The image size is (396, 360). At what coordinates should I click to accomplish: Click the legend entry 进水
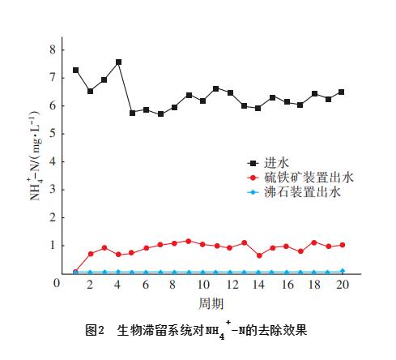[272, 162]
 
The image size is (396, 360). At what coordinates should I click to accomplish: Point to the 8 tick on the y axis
[53, 49]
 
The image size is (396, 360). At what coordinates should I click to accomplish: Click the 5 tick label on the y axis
[53, 134]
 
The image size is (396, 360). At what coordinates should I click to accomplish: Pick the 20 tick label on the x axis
[341, 285]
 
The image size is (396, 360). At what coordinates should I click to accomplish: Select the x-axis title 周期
[210, 302]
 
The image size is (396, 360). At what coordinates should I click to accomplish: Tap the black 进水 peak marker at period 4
[118, 62]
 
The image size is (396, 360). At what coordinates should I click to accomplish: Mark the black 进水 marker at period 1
[76, 70]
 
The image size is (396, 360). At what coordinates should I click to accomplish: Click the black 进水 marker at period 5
[132, 113]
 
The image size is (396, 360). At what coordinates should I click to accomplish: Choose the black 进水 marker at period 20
[341, 92]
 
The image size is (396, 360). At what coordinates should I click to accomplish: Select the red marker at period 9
[188, 241]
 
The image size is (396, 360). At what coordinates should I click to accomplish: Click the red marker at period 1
[76, 272]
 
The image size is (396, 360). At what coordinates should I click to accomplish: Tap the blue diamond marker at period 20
[341, 271]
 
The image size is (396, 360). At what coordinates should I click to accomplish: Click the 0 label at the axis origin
[57, 282]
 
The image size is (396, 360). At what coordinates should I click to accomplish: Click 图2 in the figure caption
[96, 331]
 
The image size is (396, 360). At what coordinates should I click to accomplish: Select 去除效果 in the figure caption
[283, 331]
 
